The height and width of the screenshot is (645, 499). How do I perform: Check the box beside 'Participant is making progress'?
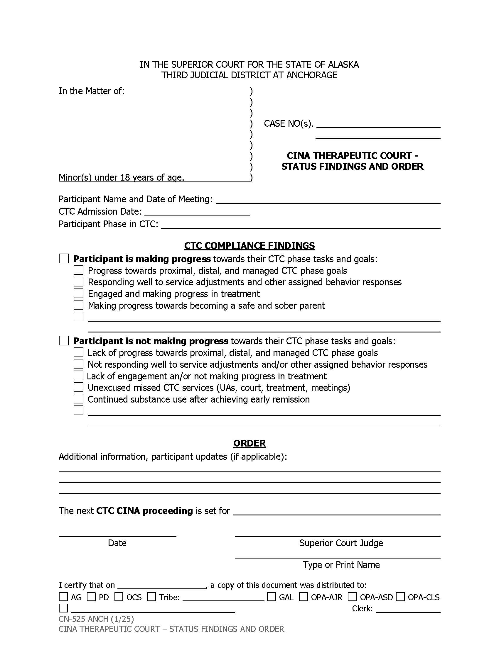click(64, 258)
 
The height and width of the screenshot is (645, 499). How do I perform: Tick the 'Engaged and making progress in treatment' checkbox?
click(78, 293)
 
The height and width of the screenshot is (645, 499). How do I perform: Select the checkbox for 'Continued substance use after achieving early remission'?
click(78, 399)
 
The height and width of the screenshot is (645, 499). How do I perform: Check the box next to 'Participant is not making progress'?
click(64, 340)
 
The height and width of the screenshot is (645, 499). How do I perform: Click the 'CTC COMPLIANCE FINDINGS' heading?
click(249, 246)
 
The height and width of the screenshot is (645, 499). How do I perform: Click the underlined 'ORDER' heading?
click(249, 443)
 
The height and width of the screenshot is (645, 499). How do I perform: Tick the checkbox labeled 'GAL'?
click(272, 597)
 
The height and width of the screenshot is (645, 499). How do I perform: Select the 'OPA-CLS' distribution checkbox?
click(400, 597)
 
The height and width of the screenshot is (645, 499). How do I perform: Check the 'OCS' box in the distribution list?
click(119, 597)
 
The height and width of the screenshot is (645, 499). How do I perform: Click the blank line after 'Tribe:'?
click(223, 598)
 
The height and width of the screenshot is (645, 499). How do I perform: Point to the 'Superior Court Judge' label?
click(341, 543)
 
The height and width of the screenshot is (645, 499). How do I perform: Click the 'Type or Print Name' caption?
click(341, 564)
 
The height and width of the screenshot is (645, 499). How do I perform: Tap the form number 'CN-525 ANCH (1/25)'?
click(96, 619)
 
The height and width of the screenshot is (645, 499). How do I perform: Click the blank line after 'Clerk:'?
click(408, 609)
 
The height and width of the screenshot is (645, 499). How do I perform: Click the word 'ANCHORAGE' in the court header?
click(311, 75)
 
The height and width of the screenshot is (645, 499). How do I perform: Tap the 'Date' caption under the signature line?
click(117, 543)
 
